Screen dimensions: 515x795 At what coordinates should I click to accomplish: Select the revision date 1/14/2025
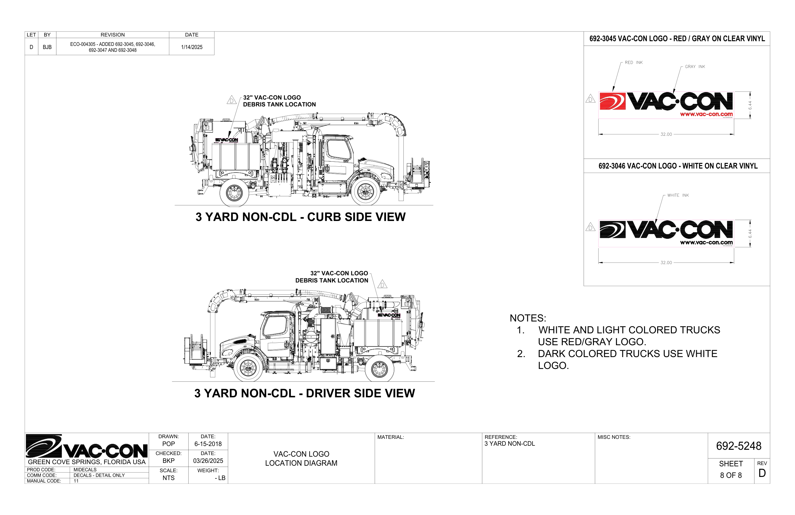[x=192, y=47]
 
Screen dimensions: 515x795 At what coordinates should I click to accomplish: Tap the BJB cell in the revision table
[x=47, y=47]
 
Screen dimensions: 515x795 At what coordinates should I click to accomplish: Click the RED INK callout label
[x=633, y=62]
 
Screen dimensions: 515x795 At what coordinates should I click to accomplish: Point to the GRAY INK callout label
[x=695, y=66]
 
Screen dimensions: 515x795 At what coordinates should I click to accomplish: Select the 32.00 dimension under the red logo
[x=666, y=135]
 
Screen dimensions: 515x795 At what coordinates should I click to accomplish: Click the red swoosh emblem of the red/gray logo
[x=612, y=101]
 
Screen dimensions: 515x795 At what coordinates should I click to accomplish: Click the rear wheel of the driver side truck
[x=379, y=369]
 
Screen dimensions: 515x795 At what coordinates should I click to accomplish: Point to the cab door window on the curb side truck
[x=338, y=150]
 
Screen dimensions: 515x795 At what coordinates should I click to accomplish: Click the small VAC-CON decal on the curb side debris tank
[x=227, y=140]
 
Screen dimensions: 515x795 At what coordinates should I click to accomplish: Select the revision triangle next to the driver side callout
[x=382, y=284]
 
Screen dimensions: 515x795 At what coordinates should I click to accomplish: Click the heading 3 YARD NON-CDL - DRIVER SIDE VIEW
[x=304, y=393]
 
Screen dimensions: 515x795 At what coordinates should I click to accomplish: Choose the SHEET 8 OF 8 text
[x=730, y=469]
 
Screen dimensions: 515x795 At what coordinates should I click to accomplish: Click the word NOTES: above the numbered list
[x=528, y=318]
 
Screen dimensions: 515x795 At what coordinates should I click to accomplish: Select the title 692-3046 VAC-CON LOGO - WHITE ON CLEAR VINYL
[x=677, y=166]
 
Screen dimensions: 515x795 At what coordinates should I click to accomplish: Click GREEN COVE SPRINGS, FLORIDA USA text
[x=87, y=462]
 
